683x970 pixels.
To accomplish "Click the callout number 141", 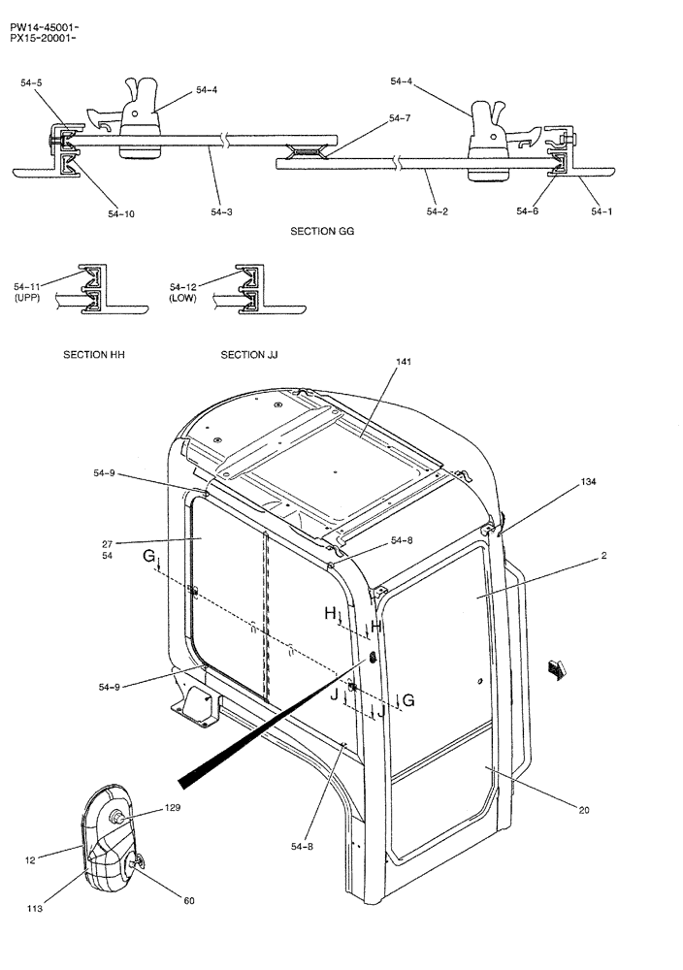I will pos(404,362).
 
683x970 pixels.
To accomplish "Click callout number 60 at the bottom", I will pos(188,901).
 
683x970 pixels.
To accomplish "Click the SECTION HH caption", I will pos(94,355).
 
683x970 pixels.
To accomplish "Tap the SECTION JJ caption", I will pos(249,355).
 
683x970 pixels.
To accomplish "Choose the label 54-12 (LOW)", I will pos(183,293).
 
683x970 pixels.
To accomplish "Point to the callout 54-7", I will pos(400,118).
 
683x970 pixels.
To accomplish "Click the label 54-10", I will pos(121,213).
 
